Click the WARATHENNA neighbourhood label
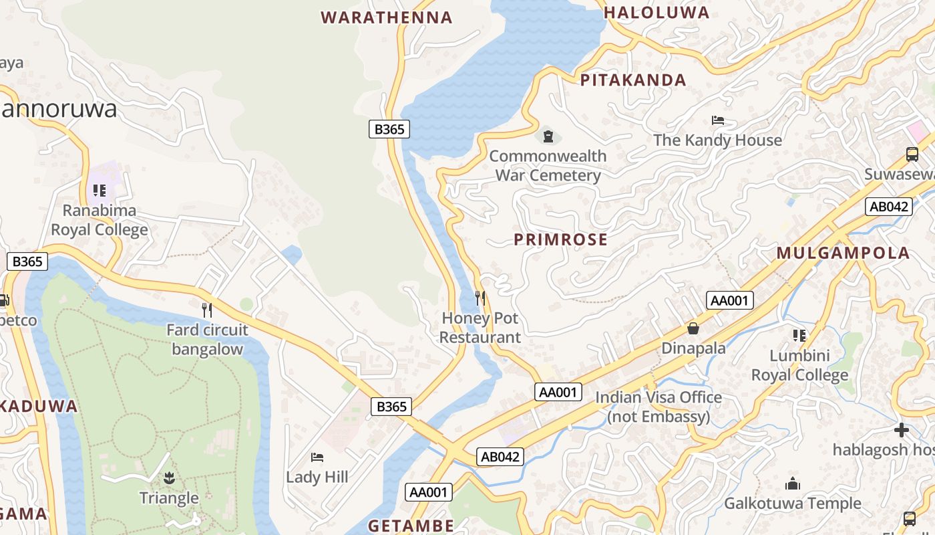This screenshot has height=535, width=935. (387, 17)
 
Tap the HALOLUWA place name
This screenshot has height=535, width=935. (657, 13)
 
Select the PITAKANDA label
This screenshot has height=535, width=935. (633, 80)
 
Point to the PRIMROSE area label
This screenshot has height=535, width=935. (561, 239)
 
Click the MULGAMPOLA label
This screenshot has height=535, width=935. (844, 253)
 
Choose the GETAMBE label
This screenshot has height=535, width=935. (411, 525)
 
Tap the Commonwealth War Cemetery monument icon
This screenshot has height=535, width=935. (548, 136)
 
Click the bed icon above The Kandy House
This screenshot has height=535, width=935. (718, 120)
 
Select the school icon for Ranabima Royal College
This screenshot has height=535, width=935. (100, 191)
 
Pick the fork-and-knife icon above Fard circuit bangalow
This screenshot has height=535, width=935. (207, 310)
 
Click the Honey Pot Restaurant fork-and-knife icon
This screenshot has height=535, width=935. (480, 298)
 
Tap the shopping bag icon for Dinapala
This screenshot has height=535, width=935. (693, 328)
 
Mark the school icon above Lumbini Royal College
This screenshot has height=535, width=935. (799, 335)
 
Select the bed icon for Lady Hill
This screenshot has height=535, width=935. (317, 457)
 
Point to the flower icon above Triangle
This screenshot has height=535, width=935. (168, 477)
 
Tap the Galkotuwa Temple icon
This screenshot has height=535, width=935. (793, 484)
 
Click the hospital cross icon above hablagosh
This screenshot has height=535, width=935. (902, 430)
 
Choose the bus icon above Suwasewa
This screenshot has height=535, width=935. (912, 154)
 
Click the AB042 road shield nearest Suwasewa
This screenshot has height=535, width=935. (888, 207)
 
